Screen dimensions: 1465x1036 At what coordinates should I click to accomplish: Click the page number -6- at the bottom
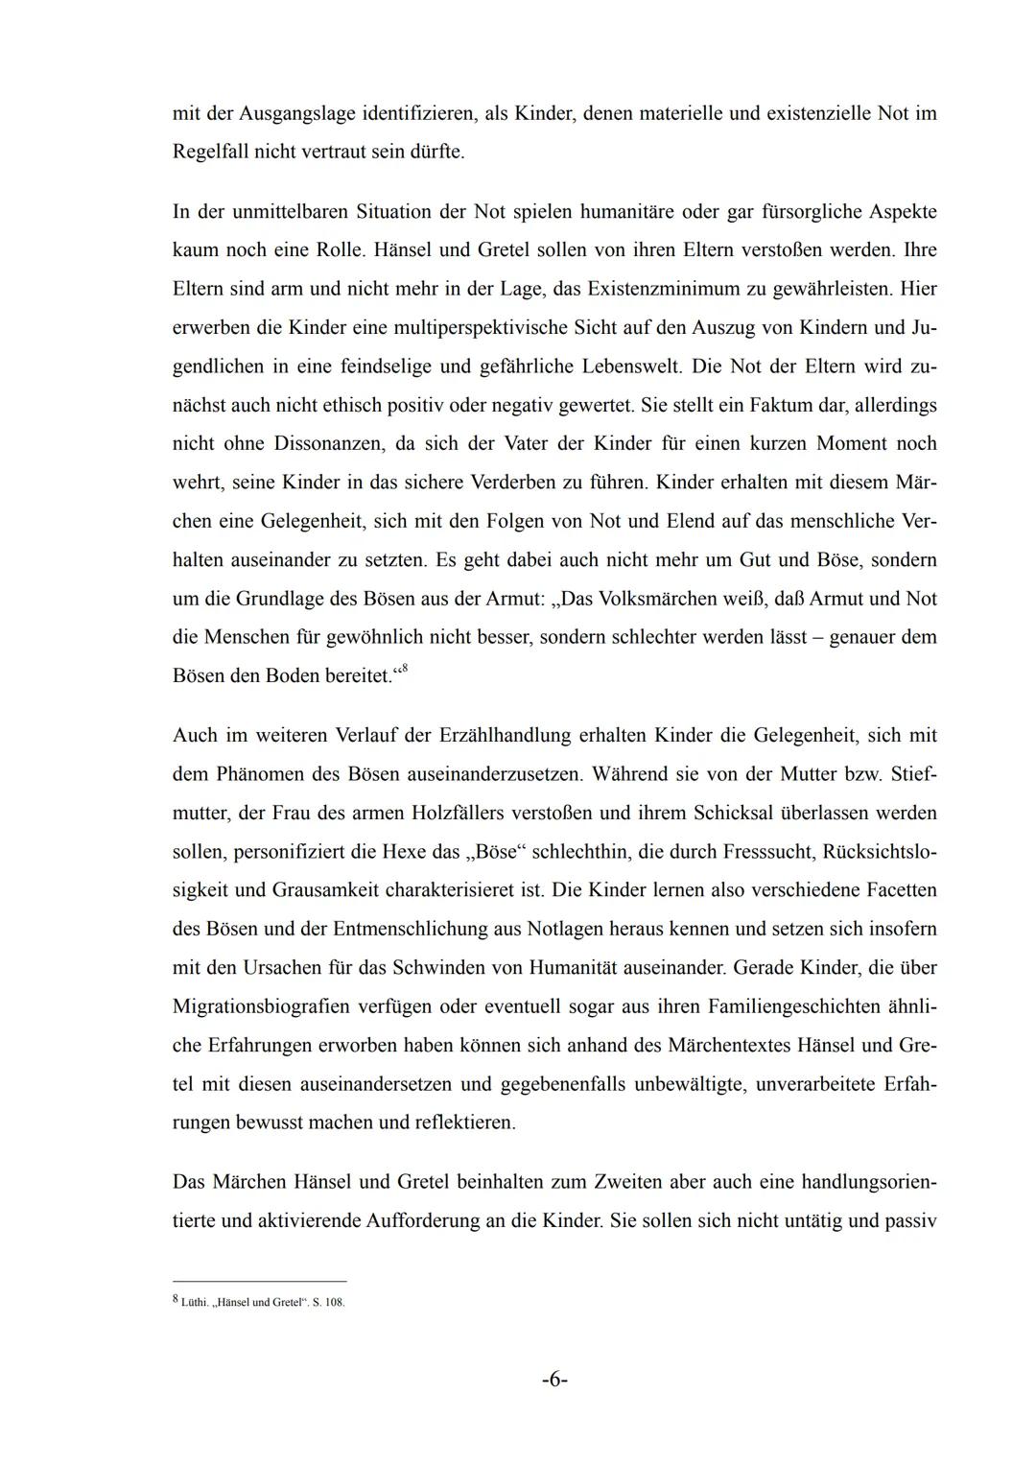tap(554, 1380)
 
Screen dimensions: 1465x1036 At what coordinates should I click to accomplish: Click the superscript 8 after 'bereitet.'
tap(403, 670)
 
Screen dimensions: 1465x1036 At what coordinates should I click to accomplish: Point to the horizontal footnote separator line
tap(259, 1281)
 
